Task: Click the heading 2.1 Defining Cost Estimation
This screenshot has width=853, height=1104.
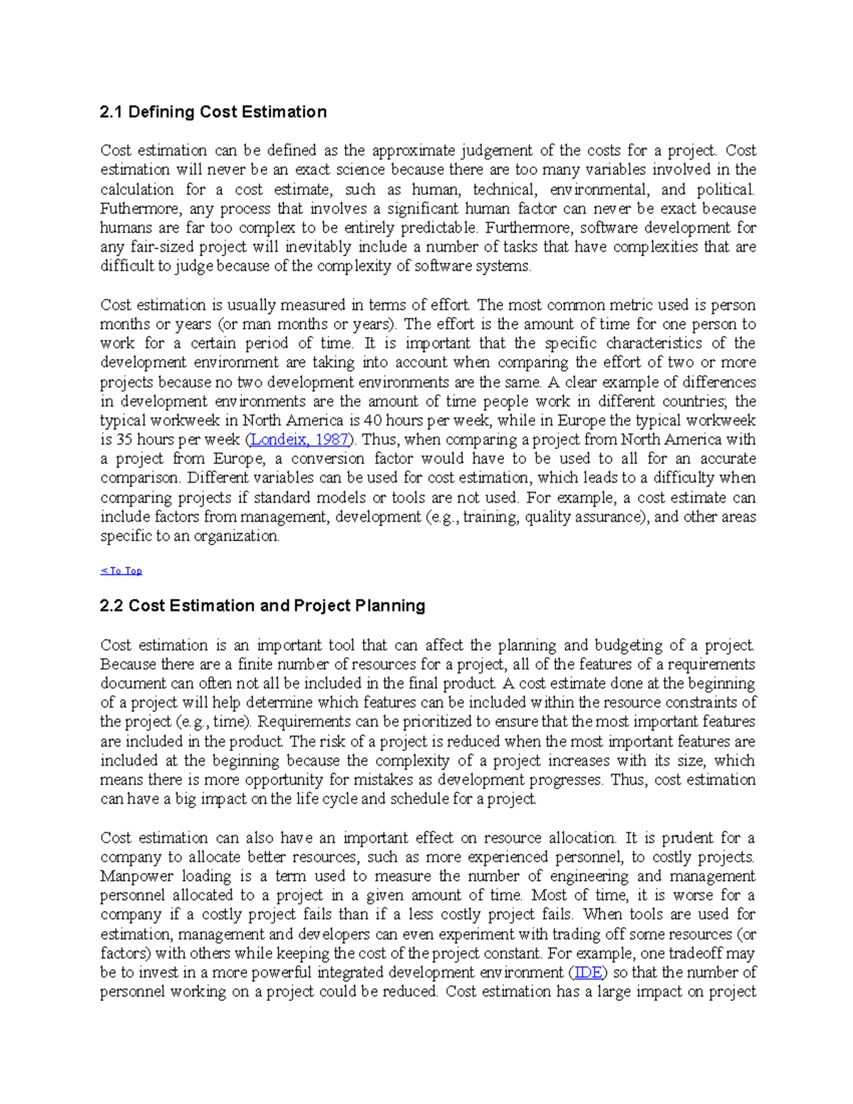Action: click(213, 112)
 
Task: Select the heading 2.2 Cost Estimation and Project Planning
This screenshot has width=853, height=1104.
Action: click(262, 606)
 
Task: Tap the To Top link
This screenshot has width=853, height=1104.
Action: click(122, 571)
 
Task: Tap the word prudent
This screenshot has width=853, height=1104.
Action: click(688, 837)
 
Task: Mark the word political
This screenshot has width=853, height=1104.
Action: click(724, 190)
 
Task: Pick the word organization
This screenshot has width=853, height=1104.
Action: click(237, 537)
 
